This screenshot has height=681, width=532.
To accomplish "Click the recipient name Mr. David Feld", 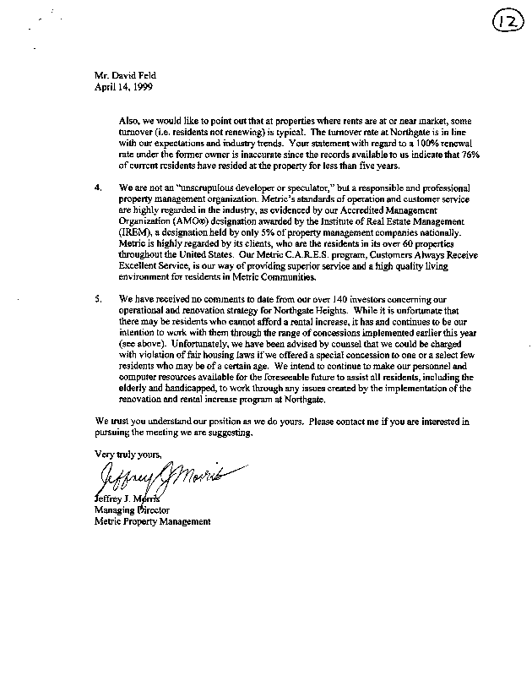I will (x=126, y=75).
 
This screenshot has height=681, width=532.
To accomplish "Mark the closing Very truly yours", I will (x=127, y=453).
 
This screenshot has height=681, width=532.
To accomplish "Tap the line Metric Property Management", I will (x=152, y=521).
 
